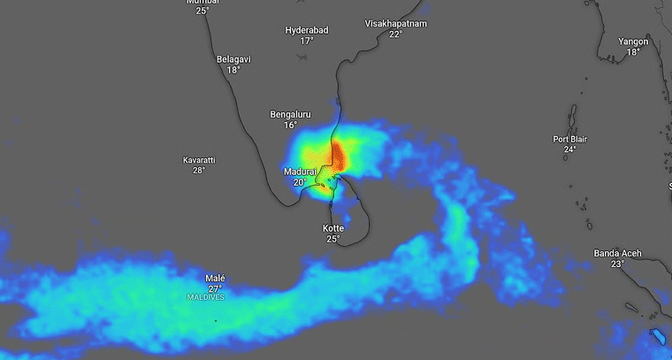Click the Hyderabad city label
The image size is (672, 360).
[x=307, y=30]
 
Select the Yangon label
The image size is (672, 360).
[x=633, y=42]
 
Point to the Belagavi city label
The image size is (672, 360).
[x=233, y=59]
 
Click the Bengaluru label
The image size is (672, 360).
[x=290, y=114]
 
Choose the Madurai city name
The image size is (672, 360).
[x=300, y=171]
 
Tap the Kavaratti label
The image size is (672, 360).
[x=199, y=160]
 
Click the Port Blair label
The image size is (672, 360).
[x=570, y=139]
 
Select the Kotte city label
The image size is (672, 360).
[x=332, y=228]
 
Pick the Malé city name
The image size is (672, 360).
[x=215, y=278]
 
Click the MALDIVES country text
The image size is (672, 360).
[x=206, y=297]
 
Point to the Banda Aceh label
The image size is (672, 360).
[x=616, y=254]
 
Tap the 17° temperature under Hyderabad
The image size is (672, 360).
[x=307, y=41]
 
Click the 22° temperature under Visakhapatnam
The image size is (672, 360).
[x=395, y=34]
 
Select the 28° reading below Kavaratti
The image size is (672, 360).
[x=199, y=170]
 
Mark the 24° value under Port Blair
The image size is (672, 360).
[x=570, y=149]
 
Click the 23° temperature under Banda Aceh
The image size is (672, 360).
[x=616, y=264]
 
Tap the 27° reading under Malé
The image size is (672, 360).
[x=215, y=288]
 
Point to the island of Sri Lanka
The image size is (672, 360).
[x=349, y=217]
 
